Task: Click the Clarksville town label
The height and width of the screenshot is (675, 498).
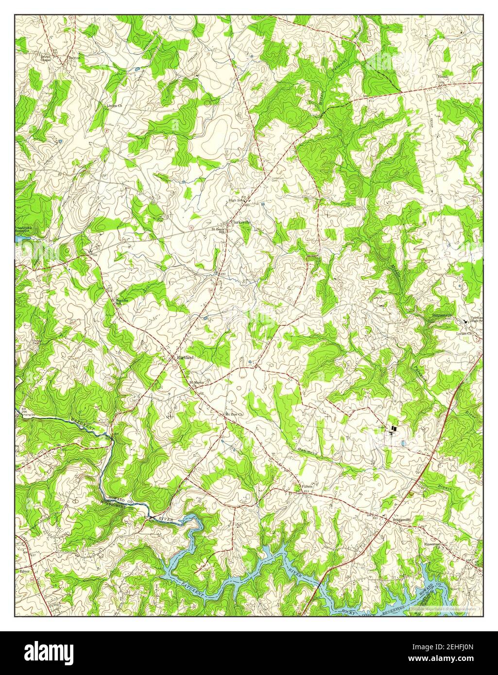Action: coord(241,222)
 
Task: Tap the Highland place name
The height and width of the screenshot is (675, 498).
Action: coord(185,357)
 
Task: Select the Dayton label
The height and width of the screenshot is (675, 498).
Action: coord(74,57)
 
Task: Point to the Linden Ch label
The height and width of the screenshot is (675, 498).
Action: coord(115,105)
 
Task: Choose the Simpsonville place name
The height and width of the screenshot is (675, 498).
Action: coord(443,316)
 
